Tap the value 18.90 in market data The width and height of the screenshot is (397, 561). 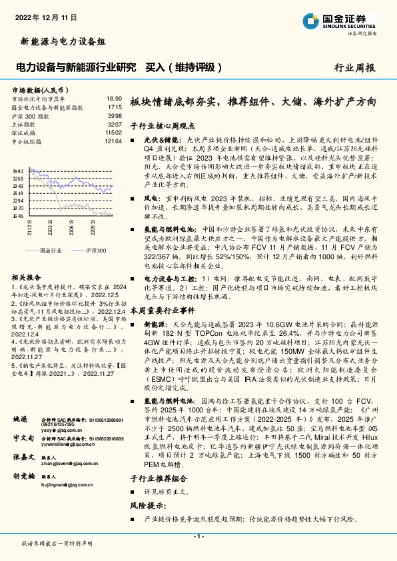tap(114, 98)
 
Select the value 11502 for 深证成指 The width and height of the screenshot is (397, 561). tap(113, 133)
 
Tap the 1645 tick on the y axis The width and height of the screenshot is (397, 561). tap(19, 216)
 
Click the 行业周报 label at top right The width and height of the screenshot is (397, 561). tap(354, 67)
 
